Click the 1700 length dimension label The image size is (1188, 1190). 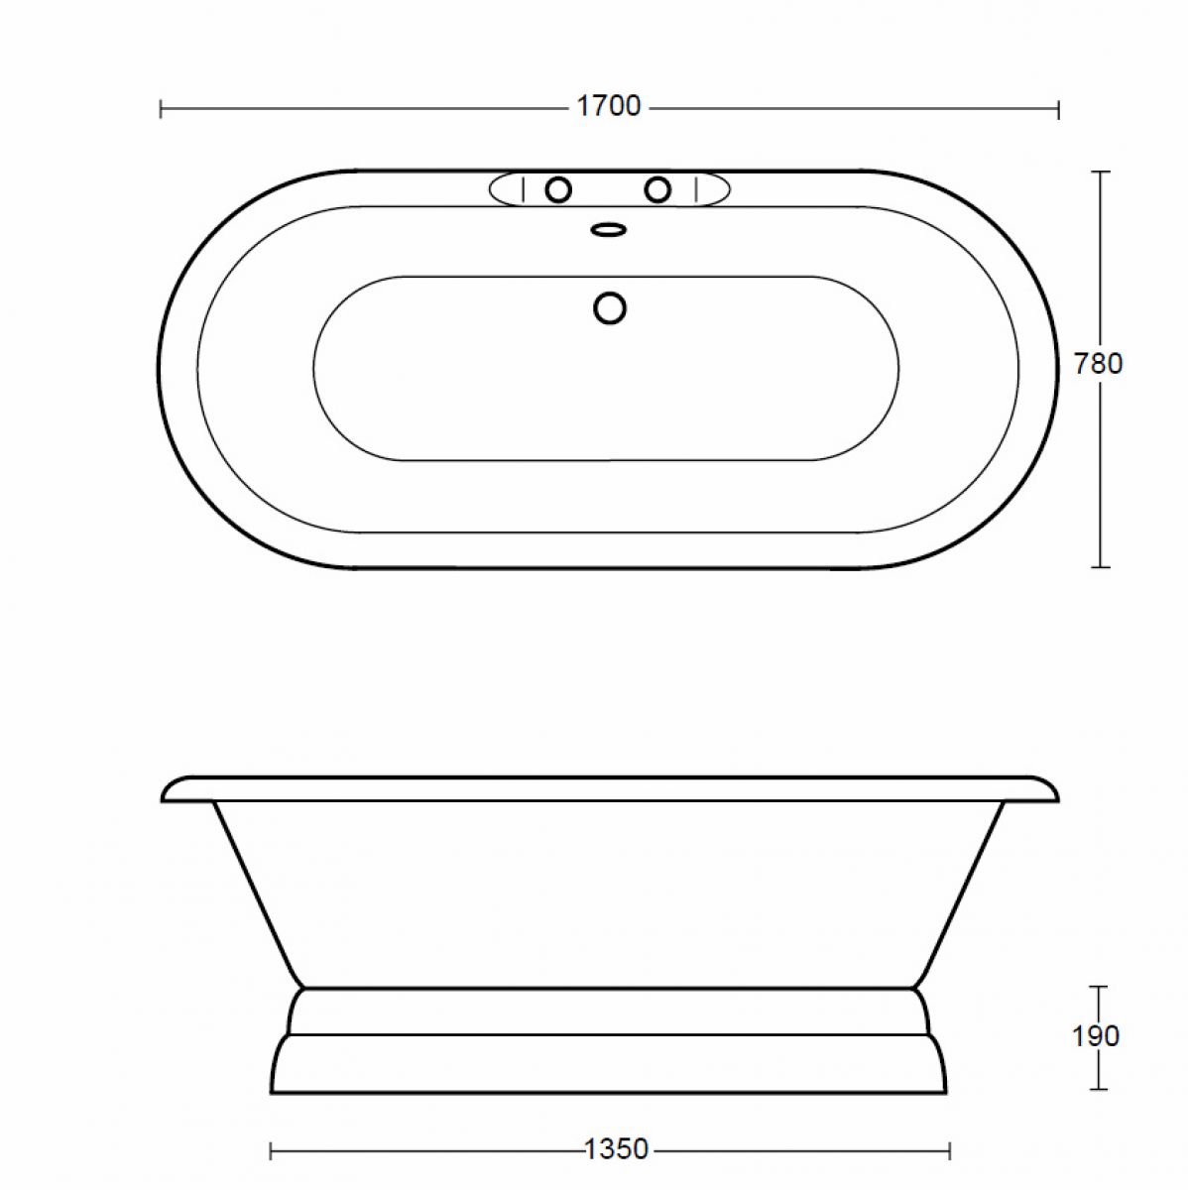609,106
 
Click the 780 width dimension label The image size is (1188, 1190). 1099,364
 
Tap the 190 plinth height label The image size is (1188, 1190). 1096,1036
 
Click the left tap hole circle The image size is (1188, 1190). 558,189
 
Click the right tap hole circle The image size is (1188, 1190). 657,189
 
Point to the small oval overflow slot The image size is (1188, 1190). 609,230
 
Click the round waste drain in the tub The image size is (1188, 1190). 610,308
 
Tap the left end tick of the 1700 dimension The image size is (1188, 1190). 161,108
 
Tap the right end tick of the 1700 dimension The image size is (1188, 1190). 1058,108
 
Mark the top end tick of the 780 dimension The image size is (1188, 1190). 1099,172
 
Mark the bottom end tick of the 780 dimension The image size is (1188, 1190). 1099,567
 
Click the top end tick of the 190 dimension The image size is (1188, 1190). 1098,987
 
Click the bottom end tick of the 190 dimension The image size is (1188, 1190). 1098,1089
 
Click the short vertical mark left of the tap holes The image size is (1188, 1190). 523,189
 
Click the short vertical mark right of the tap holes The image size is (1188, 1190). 695,189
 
